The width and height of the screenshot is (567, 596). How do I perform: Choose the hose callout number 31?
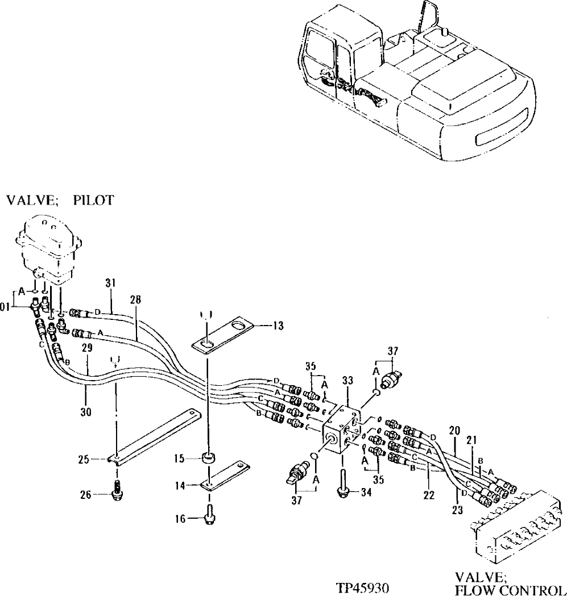(x=110, y=282)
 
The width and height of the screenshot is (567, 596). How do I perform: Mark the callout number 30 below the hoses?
(x=85, y=411)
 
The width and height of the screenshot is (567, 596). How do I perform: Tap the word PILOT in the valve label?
(x=94, y=200)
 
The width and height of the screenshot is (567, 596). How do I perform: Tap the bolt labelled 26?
(x=117, y=491)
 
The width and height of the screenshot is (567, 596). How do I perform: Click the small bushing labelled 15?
(x=209, y=456)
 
